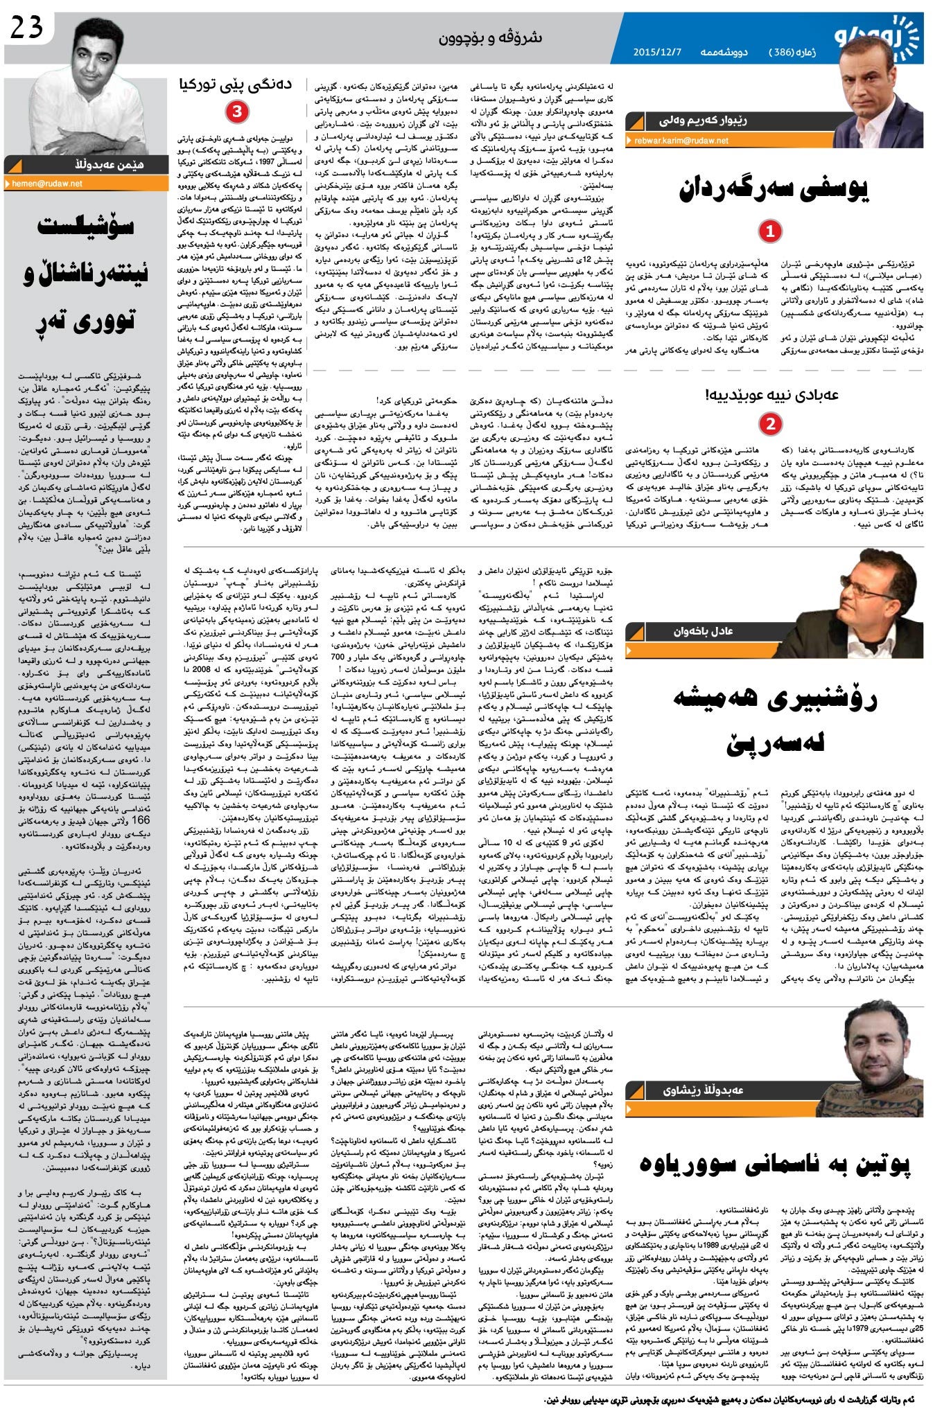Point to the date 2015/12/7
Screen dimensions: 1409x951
658,52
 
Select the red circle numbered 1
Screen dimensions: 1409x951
769,231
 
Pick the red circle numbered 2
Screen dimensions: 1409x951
769,423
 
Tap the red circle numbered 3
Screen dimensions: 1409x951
236,112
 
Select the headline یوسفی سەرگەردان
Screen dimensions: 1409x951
774,188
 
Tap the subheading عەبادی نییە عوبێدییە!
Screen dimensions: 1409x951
771,395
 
